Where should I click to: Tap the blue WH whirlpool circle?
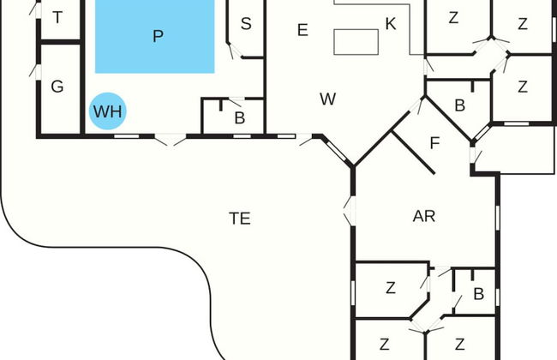pos(108,111)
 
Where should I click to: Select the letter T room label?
pos(57,17)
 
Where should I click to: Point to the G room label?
pos(57,87)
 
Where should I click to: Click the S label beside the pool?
pos(246,24)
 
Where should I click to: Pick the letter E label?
pos(302,31)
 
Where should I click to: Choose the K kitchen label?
pos(391,24)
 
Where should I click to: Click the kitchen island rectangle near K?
pos(356,41)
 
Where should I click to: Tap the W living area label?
pos(327,99)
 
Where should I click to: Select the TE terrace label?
pos(240,219)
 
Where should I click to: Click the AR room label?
pos(424,216)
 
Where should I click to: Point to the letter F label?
pos(434,143)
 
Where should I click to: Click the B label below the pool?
pos(240,117)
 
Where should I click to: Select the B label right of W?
pos(459,106)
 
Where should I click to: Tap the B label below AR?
pos(478,294)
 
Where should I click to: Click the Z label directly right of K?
pos(453,18)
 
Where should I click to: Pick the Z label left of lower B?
pos(391,288)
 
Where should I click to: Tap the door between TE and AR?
pos(350,211)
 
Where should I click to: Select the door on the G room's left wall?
pos(35,69)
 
